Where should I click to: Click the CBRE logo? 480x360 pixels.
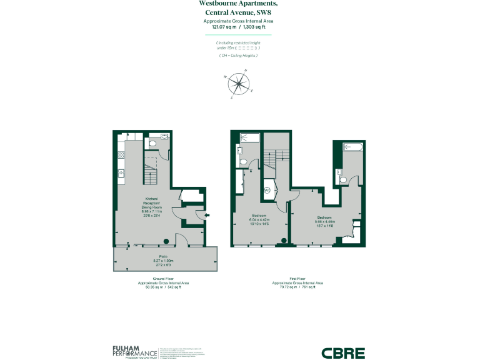pos(343,352)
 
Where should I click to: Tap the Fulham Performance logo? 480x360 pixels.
pos(134,352)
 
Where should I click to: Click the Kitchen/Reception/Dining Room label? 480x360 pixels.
pos(151,203)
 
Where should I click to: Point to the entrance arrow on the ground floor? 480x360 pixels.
pos(207,216)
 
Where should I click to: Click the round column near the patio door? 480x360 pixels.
pos(166,241)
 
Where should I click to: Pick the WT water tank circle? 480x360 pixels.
pos(267,190)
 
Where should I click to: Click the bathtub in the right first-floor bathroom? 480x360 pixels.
pos(354,147)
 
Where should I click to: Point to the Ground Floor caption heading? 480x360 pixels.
pos(162,279)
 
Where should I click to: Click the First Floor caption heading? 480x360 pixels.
pos(297,279)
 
